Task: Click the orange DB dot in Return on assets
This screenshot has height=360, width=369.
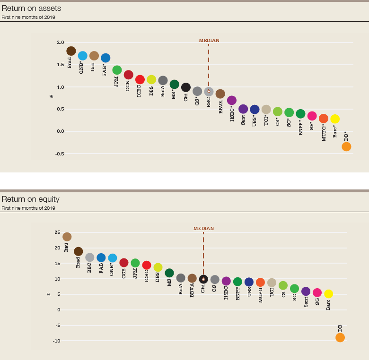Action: point(346,147)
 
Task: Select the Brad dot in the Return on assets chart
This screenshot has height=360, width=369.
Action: point(71,51)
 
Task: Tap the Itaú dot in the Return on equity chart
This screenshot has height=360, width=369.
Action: point(67,237)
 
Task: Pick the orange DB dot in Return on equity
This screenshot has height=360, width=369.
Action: point(340,337)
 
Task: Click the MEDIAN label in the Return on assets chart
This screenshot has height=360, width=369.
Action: point(209,41)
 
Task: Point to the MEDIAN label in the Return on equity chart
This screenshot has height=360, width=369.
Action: point(203,229)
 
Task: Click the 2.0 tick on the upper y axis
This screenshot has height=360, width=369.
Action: point(61,43)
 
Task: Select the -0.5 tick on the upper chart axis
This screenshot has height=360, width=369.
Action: point(60,154)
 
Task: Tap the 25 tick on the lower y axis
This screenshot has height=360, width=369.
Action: point(57,232)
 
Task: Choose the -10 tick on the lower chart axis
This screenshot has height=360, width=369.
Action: point(57,341)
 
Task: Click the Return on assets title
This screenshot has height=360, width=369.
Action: point(31,9)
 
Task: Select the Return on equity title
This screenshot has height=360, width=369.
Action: point(31,199)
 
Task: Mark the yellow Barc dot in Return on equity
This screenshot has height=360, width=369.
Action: point(328,294)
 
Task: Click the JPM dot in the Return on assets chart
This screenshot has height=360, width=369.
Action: point(117,70)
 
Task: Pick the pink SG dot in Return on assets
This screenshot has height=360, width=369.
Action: point(312,116)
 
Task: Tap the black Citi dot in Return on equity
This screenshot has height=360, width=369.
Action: point(203,279)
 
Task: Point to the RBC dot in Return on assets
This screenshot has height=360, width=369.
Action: point(209,91)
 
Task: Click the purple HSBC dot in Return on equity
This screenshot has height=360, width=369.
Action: point(226,281)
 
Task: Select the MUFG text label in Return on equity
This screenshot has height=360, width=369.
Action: point(261,295)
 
